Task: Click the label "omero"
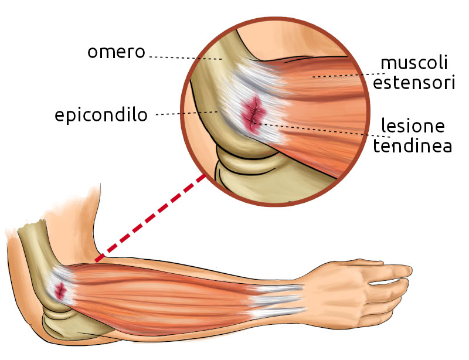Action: [x=115, y=52]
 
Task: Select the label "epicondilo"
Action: [x=101, y=115]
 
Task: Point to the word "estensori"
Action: [x=414, y=83]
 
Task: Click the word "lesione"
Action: [x=413, y=126]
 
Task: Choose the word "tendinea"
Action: [x=413, y=146]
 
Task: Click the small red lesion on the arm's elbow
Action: [x=60, y=289]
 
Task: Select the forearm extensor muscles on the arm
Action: [x=170, y=293]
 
